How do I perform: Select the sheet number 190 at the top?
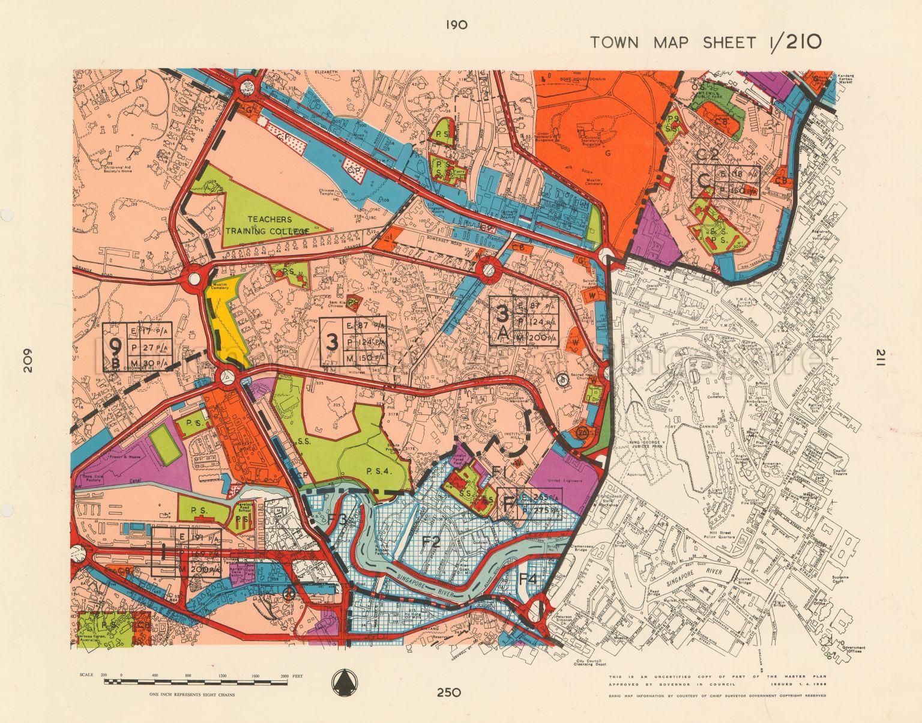[457, 25]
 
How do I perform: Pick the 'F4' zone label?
[528, 579]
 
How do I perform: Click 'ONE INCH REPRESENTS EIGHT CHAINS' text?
[192, 694]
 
